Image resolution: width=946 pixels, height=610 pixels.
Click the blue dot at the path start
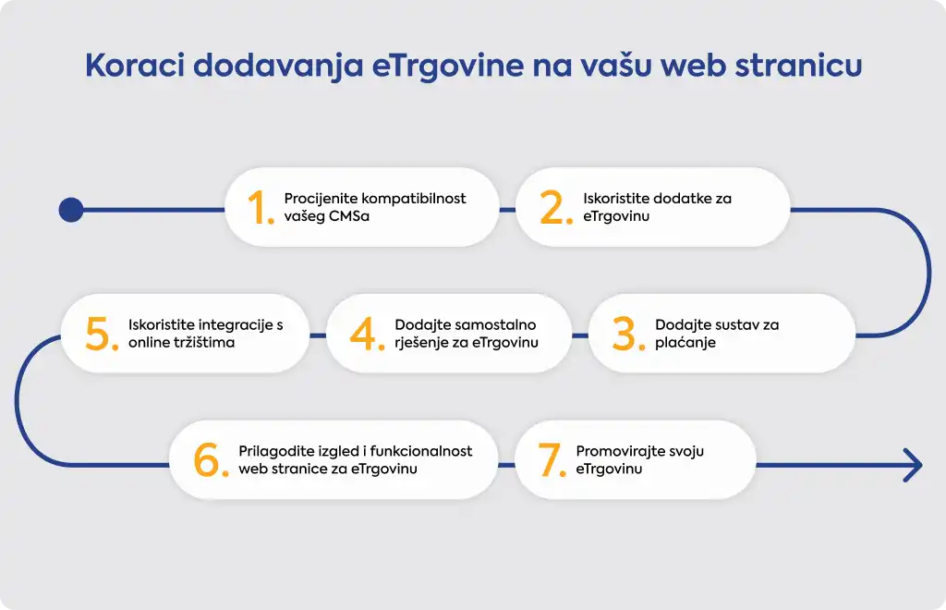(x=71, y=210)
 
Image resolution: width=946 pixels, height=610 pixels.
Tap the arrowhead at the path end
(x=914, y=465)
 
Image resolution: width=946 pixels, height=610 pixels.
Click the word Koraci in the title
(x=135, y=66)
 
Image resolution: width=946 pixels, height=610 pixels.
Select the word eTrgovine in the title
(x=447, y=67)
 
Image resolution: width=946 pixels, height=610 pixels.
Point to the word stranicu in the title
(x=797, y=66)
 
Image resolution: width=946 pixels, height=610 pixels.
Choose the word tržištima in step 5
(x=204, y=342)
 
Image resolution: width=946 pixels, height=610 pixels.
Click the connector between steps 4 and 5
(x=318, y=335)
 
